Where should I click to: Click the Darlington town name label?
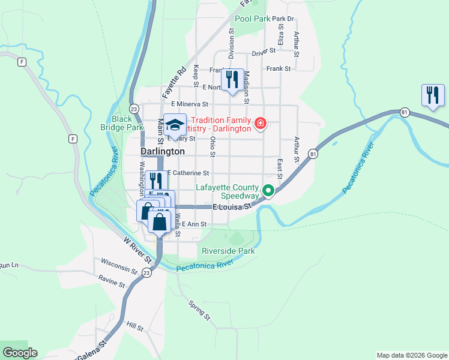click(x=162, y=152)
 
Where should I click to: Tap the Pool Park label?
click(x=252, y=19)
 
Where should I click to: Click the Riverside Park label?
click(x=228, y=251)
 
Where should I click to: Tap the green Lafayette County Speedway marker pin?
click(x=269, y=191)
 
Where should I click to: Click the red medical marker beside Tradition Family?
click(x=261, y=124)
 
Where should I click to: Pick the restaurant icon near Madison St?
click(x=231, y=80)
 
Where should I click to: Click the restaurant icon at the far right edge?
click(x=432, y=95)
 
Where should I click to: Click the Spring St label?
click(x=199, y=310)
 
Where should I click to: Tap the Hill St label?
click(x=135, y=326)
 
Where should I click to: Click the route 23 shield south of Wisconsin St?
click(x=147, y=273)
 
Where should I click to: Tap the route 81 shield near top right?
click(x=405, y=112)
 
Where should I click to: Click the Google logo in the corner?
click(x=20, y=353)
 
